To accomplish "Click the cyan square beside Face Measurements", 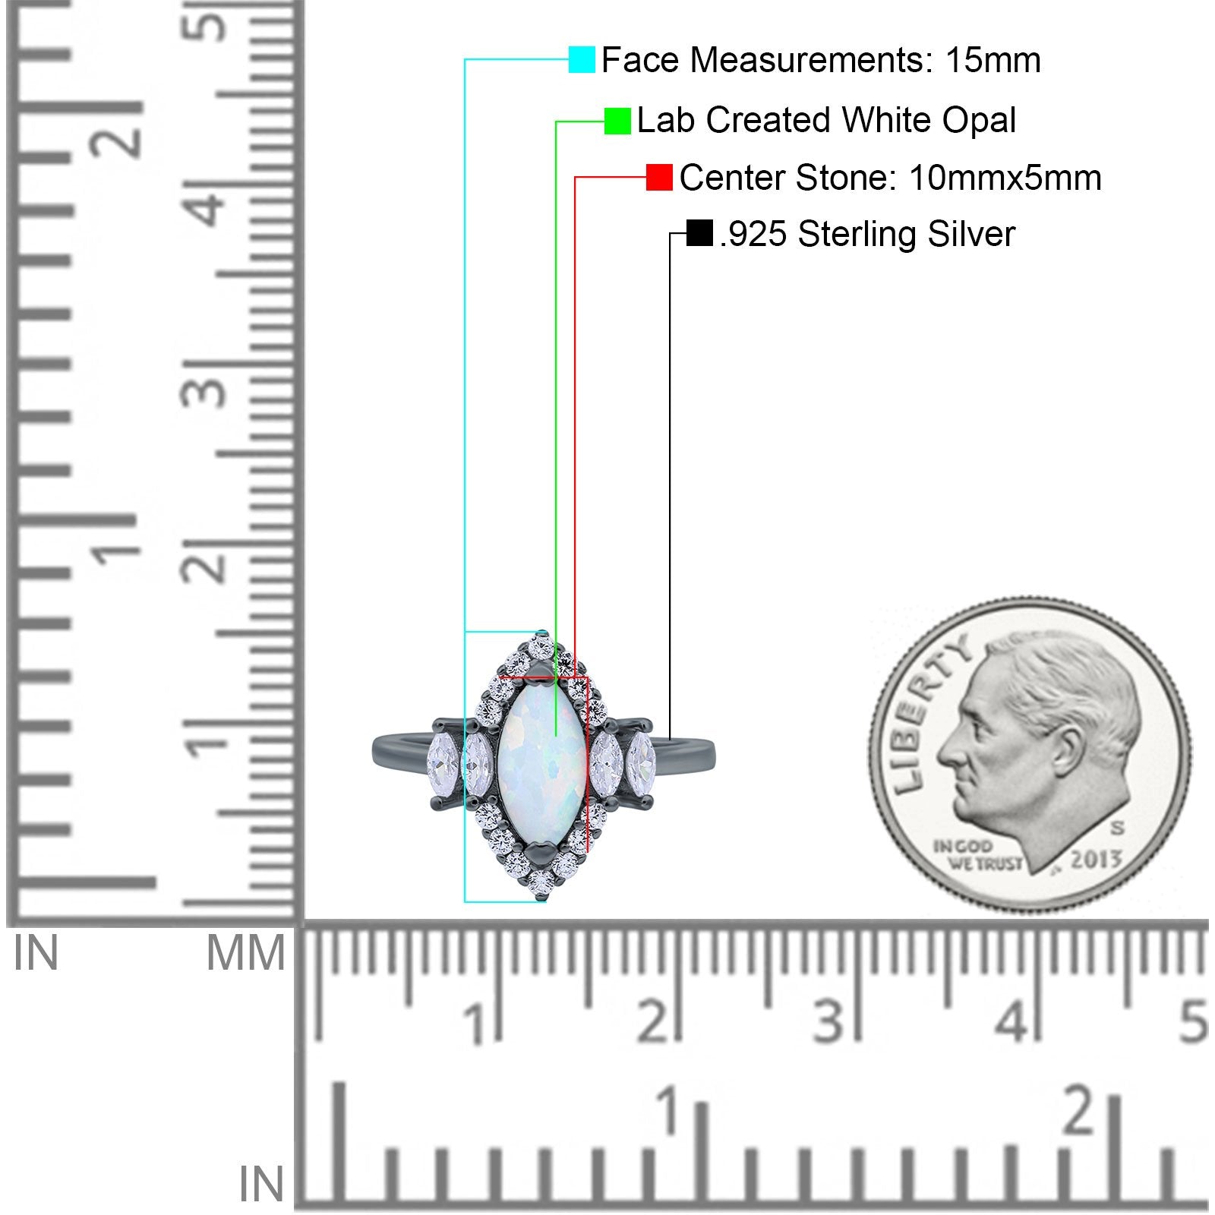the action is click(x=582, y=60).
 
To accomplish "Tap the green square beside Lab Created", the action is click(x=617, y=121).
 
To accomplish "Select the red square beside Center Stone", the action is click(x=659, y=178).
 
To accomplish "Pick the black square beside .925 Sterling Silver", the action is click(x=699, y=233).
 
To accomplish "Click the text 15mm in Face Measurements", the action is click(x=993, y=60).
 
